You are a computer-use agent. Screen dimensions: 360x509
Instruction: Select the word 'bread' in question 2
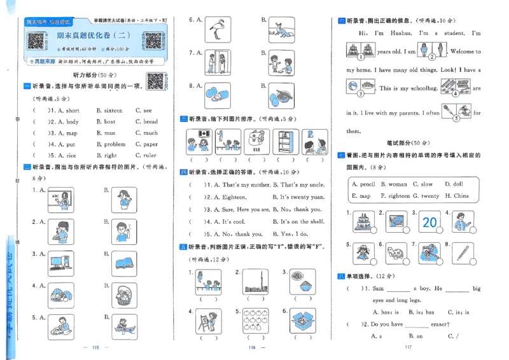point(150,121)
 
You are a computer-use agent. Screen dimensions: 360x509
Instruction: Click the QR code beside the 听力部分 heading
point(155,81)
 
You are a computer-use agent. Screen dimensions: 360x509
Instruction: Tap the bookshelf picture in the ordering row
point(288,141)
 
